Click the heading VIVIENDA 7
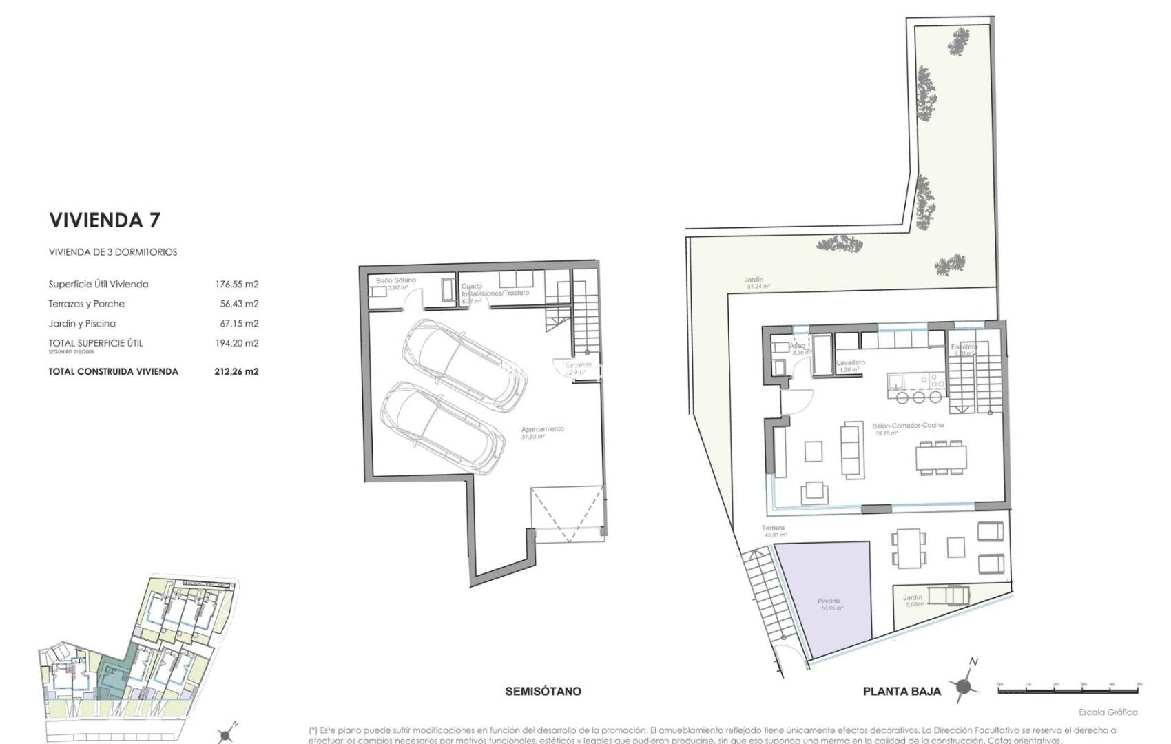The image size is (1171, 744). point(105,220)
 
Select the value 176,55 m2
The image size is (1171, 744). point(236,284)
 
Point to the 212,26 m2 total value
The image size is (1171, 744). point(236,371)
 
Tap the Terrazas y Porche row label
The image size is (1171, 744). point(86,304)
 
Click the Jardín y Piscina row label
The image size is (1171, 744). point(82,323)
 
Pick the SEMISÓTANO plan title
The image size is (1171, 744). point(543,691)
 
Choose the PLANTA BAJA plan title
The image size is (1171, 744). point(902,691)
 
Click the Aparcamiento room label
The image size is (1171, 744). point(542,429)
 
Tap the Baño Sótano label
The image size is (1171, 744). point(395,281)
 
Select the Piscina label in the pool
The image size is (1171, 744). point(829,601)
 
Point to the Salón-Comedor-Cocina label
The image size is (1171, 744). point(907,426)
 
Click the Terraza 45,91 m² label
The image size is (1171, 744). point(774,528)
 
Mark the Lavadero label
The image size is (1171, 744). point(851,363)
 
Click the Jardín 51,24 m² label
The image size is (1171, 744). point(754,280)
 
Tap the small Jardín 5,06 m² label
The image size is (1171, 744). point(913,598)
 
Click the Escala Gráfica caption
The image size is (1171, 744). point(1108,712)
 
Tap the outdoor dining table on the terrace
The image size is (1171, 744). point(908,546)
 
